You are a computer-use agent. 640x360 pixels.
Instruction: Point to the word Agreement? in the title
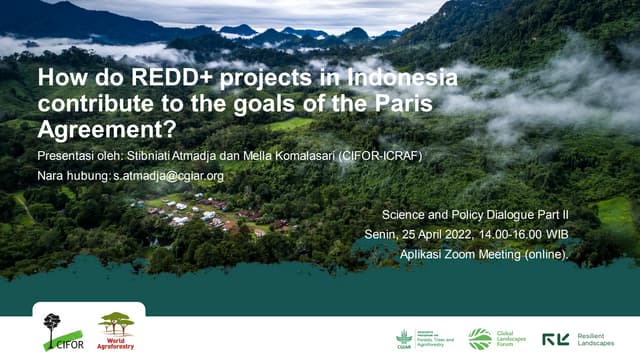(104, 129)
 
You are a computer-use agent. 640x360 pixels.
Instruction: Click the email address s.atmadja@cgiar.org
(168, 175)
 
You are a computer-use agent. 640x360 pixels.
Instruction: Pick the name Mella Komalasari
(297, 156)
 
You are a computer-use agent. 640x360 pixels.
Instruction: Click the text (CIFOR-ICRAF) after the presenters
(385, 156)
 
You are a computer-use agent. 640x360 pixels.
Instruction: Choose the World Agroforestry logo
(116, 331)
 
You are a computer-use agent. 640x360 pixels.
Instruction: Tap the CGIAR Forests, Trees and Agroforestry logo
(425, 339)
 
